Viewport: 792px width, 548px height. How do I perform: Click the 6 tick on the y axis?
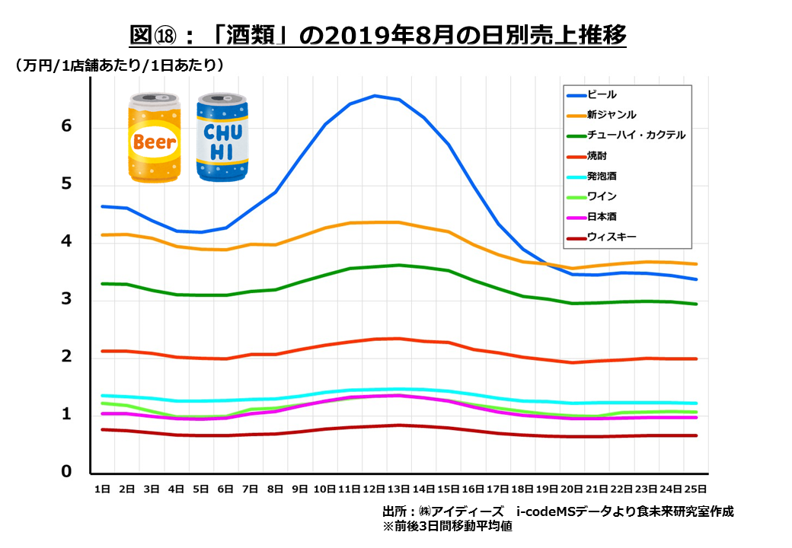(x=66, y=126)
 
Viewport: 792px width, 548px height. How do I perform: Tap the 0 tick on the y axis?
(x=66, y=472)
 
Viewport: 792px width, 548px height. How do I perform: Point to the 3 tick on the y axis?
(x=66, y=299)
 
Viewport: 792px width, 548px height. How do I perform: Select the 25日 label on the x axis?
(x=695, y=489)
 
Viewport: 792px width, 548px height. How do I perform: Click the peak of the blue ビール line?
(x=375, y=96)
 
